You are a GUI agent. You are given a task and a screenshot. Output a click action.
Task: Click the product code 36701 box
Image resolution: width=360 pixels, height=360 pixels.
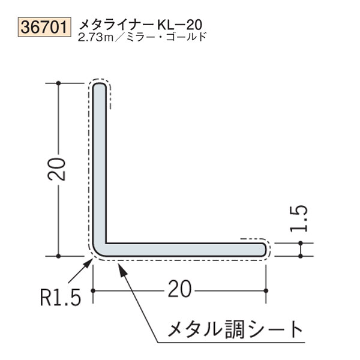coord(46,26)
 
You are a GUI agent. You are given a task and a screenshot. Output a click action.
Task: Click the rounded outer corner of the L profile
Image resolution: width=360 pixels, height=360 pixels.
coord(97,252)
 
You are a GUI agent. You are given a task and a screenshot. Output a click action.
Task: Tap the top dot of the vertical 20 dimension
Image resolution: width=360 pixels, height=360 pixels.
coord(58,83)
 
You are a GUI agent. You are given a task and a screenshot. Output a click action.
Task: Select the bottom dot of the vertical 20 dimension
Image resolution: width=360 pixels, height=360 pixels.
coord(58,256)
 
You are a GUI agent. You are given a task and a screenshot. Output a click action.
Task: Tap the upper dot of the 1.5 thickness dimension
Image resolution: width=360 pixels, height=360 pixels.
coord(300,243)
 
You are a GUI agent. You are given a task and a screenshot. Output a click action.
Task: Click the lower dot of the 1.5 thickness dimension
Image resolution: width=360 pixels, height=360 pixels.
coord(300,256)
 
